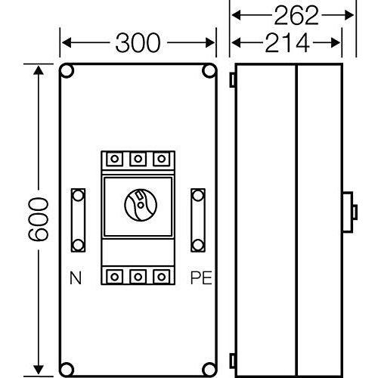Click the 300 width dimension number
click(138, 43)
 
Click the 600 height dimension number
click(38, 219)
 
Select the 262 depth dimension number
click(296, 16)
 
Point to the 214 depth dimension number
click(287, 43)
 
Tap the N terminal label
click(76, 277)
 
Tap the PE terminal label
click(201, 277)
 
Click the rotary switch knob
click(141, 205)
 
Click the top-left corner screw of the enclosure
click(67, 71)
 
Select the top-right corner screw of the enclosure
click(209, 71)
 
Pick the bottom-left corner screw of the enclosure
click(67, 370)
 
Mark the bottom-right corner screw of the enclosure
click(209, 370)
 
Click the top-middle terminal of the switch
click(138, 159)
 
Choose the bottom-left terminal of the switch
click(115, 277)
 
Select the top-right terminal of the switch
click(161, 159)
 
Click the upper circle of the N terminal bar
click(78, 196)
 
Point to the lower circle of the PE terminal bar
click(198, 244)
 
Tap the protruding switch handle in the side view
click(350, 212)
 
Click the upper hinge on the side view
click(232, 80)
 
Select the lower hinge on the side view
click(232, 361)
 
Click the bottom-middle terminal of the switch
click(138, 277)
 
